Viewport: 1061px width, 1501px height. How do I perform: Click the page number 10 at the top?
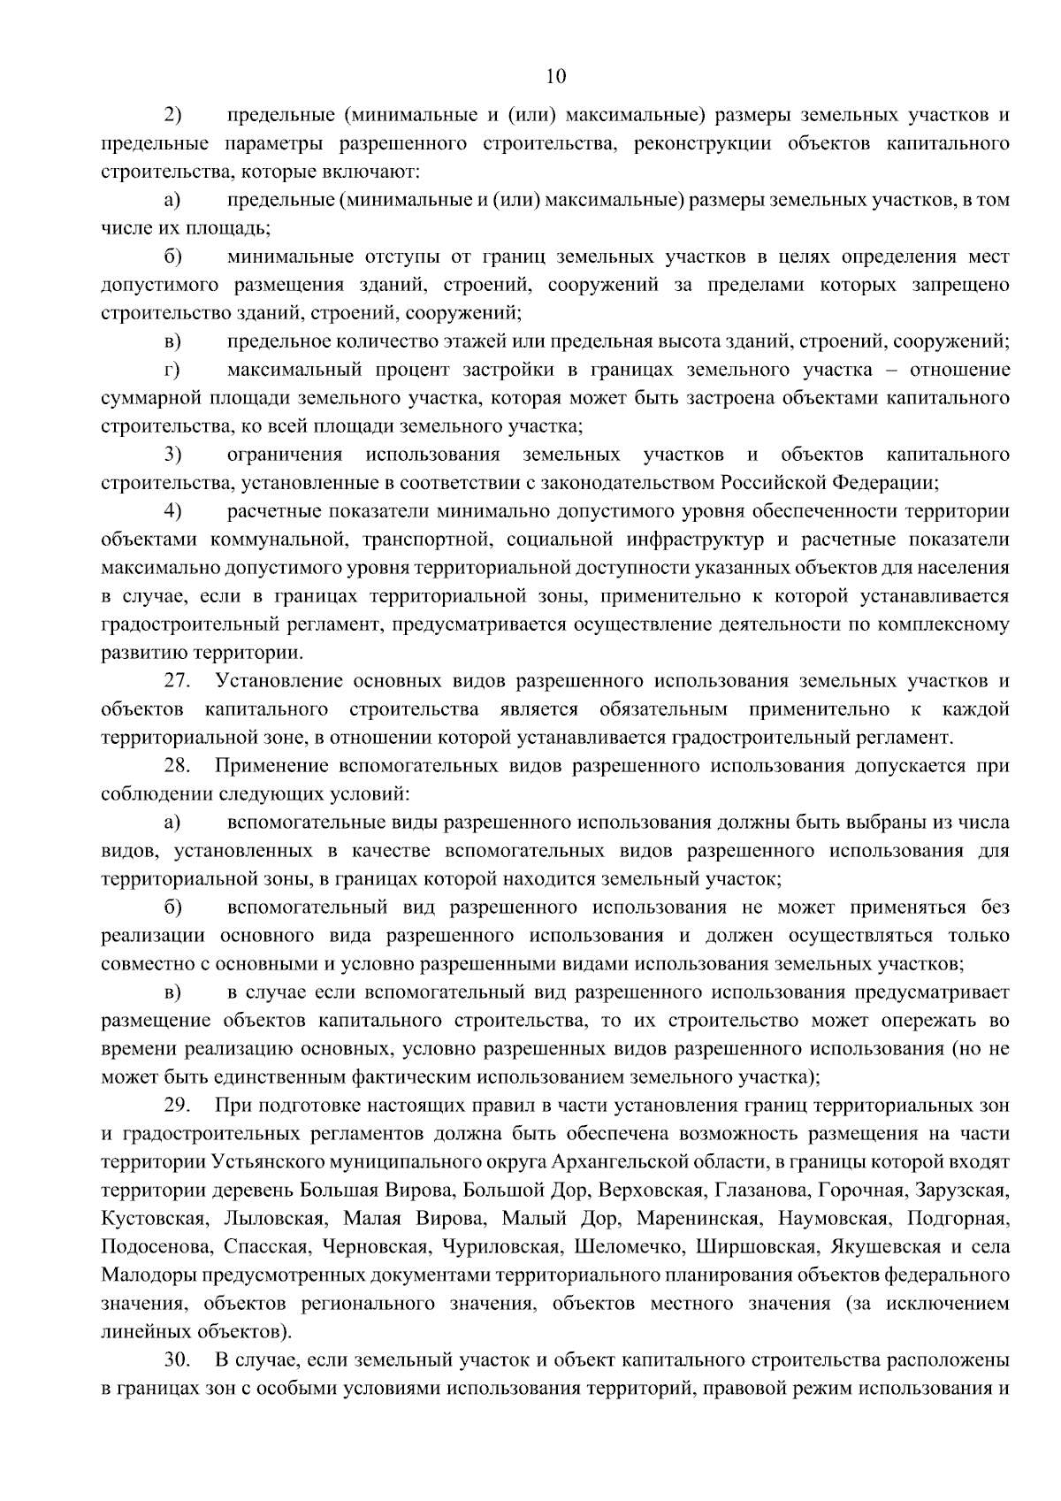555,76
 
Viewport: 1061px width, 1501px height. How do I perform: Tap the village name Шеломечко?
627,1247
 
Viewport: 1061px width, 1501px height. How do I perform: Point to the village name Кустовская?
155,1219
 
